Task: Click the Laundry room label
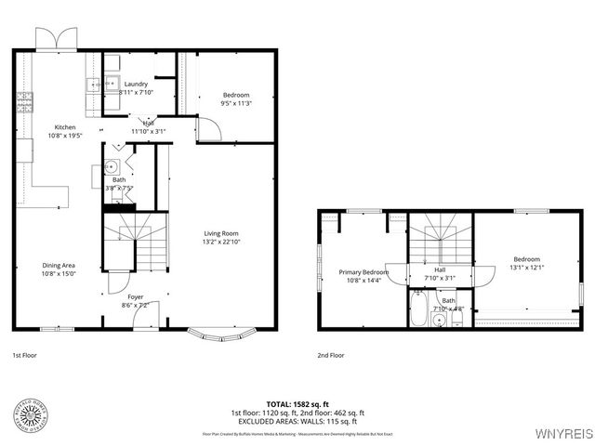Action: pyautogui.click(x=136, y=85)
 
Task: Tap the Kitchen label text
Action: pyautogui.click(x=65, y=126)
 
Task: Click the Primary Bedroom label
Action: pyautogui.click(x=363, y=271)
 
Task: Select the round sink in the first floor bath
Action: pyautogui.click(x=110, y=168)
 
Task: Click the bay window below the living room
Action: pyautogui.click(x=221, y=332)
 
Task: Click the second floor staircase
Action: pyautogui.click(x=442, y=239)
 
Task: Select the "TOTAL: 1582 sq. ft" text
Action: pyautogui.click(x=297, y=404)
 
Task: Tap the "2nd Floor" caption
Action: pyautogui.click(x=331, y=355)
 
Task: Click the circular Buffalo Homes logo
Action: pyautogui.click(x=33, y=413)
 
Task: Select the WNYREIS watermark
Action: pyautogui.click(x=562, y=434)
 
